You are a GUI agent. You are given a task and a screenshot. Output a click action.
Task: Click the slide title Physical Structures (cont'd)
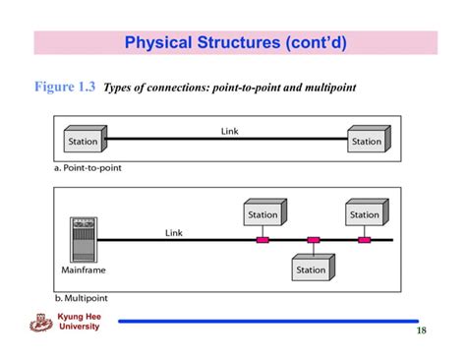click(235, 43)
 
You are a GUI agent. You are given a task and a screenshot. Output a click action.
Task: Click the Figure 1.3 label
click(58, 87)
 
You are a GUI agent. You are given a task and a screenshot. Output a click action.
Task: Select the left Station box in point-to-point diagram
click(84, 141)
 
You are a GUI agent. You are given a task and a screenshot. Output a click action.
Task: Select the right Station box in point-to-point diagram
click(367, 141)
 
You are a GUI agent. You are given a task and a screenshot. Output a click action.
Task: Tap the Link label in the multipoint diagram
click(174, 233)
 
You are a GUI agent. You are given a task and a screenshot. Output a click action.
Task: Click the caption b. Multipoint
click(84, 296)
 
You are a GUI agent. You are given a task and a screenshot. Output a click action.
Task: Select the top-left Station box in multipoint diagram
click(263, 213)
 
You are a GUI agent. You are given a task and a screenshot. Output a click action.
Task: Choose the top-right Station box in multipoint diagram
click(365, 213)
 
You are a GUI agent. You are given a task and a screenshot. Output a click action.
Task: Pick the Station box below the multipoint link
click(312, 269)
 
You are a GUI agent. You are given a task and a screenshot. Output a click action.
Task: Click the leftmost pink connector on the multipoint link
click(262, 239)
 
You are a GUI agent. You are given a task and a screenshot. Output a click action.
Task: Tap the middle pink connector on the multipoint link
click(313, 239)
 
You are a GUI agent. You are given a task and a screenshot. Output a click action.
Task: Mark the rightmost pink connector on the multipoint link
click(364, 239)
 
